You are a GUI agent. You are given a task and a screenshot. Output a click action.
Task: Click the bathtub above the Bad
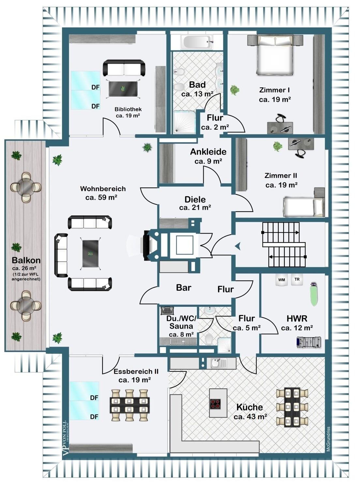click(x=197, y=42)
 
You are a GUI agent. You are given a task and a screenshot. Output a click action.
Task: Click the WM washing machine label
click(x=282, y=280)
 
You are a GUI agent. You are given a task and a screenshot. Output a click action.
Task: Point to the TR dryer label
click(x=297, y=279)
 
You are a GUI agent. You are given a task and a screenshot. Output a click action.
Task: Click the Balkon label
click(x=26, y=260)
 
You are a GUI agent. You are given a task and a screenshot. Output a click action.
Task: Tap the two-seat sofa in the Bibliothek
click(x=124, y=68)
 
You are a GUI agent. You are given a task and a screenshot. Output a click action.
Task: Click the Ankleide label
click(x=208, y=152)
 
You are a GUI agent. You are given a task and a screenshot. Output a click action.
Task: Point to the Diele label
click(x=195, y=200)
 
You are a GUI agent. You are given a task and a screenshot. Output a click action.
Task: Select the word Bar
click(x=184, y=288)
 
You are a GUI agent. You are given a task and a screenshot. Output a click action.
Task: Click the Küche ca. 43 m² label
click(x=250, y=412)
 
